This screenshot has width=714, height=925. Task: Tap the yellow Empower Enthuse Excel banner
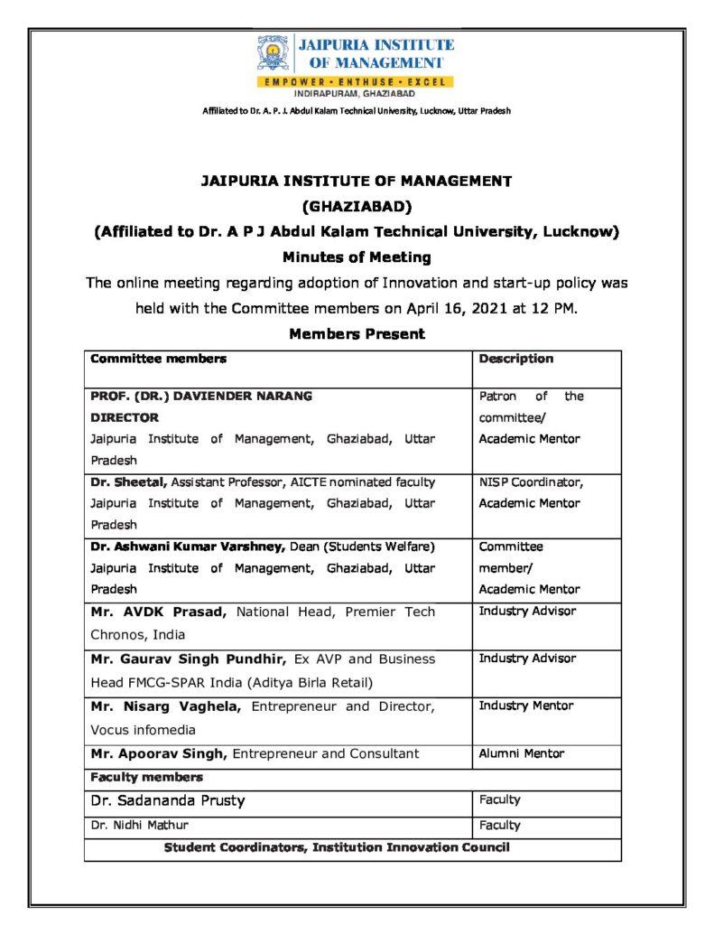point(357,82)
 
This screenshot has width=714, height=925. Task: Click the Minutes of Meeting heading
point(357,257)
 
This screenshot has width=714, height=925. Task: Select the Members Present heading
point(357,334)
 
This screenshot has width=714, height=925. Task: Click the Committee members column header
point(158,359)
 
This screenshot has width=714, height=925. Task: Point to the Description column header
point(515,359)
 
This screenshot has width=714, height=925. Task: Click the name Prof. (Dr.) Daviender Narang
point(201,396)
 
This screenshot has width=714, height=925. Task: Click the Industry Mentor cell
point(525,705)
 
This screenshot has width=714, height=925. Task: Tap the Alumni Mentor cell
point(522,752)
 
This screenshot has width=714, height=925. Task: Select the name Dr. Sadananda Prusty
point(167,800)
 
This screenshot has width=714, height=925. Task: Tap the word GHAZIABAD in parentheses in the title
point(356,205)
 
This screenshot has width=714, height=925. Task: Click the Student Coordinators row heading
point(336,847)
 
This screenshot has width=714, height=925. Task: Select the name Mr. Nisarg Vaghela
point(165,706)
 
